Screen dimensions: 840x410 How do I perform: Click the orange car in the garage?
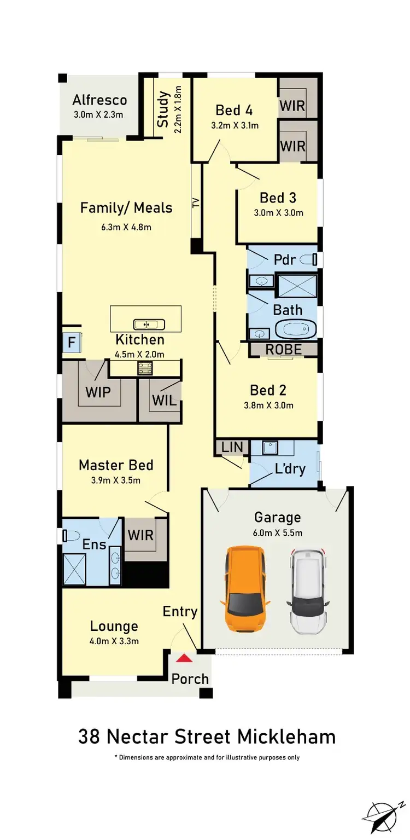(x=245, y=589)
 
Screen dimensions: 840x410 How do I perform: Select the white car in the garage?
(x=308, y=591)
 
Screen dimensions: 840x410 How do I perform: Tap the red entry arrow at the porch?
(x=185, y=659)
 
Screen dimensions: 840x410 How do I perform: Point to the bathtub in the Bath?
(x=296, y=330)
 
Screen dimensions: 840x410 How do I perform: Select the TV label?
(x=196, y=202)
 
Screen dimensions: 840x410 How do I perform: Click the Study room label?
(x=163, y=110)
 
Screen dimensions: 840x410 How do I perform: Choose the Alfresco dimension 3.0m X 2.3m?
(x=98, y=115)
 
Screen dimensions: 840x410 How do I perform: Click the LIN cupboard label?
(x=232, y=447)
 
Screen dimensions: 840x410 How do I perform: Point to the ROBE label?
(x=283, y=350)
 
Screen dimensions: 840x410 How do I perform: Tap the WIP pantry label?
(x=98, y=392)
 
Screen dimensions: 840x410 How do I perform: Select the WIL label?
(x=164, y=400)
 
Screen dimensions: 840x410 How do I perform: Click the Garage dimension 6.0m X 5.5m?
(x=278, y=532)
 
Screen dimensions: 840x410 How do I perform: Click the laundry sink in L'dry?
(x=271, y=448)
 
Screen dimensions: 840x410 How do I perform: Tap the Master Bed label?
(x=116, y=465)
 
